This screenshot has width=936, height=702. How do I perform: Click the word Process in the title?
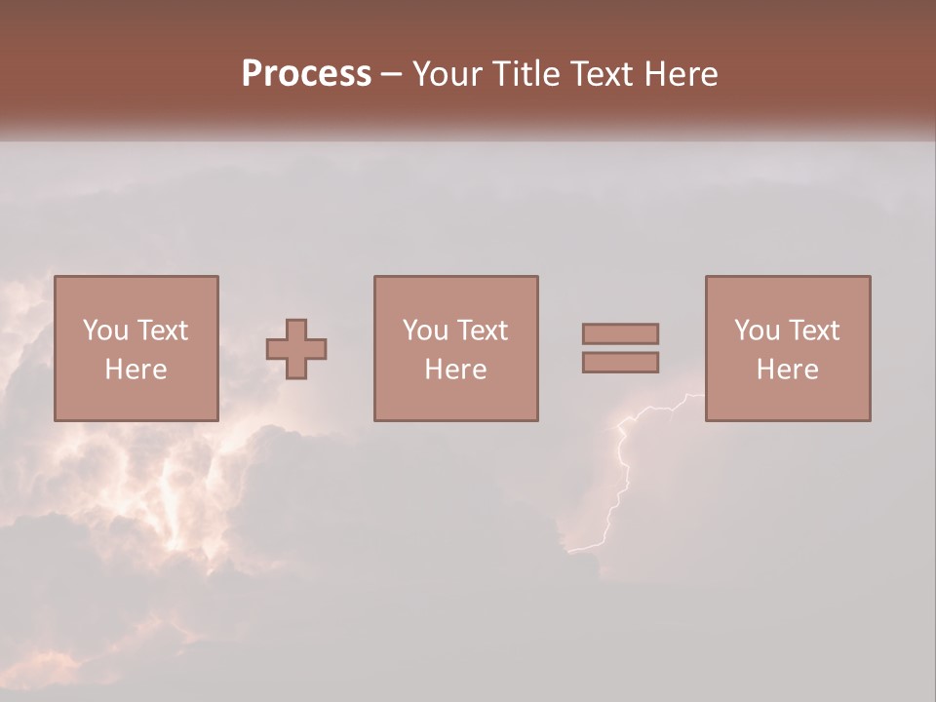306,74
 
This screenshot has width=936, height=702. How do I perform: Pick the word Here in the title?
683,74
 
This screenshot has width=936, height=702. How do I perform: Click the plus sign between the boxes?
296,349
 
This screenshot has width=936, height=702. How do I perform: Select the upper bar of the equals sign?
620,333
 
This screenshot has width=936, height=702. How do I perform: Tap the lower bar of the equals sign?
620,362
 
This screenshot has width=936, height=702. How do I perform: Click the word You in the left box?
103,331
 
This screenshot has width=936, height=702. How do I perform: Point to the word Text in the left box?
162,331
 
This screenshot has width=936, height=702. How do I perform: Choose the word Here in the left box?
136,370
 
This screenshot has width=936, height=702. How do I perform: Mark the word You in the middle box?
424,331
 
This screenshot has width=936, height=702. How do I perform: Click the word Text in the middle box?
482,331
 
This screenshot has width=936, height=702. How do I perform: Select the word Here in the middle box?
455,370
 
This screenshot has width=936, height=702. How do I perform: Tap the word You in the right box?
756,331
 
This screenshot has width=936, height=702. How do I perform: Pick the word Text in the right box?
813,331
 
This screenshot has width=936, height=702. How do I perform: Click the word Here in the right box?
787,370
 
